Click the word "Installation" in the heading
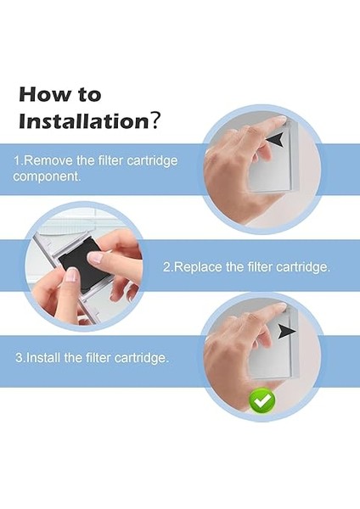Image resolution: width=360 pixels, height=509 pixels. coord(84,121)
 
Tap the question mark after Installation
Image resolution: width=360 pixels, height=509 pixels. coord(155,120)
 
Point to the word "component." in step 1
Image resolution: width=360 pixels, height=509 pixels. coord(47,176)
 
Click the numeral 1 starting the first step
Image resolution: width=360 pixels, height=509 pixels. coord(17,160)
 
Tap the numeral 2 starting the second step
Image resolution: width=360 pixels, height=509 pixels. coord(166,267)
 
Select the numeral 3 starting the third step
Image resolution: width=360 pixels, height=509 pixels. coord(20,358)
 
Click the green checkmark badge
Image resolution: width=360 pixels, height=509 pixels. coord(262,400)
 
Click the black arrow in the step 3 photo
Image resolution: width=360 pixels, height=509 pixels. coord(286,331)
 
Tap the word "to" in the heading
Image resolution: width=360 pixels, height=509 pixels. coord(89,95)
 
